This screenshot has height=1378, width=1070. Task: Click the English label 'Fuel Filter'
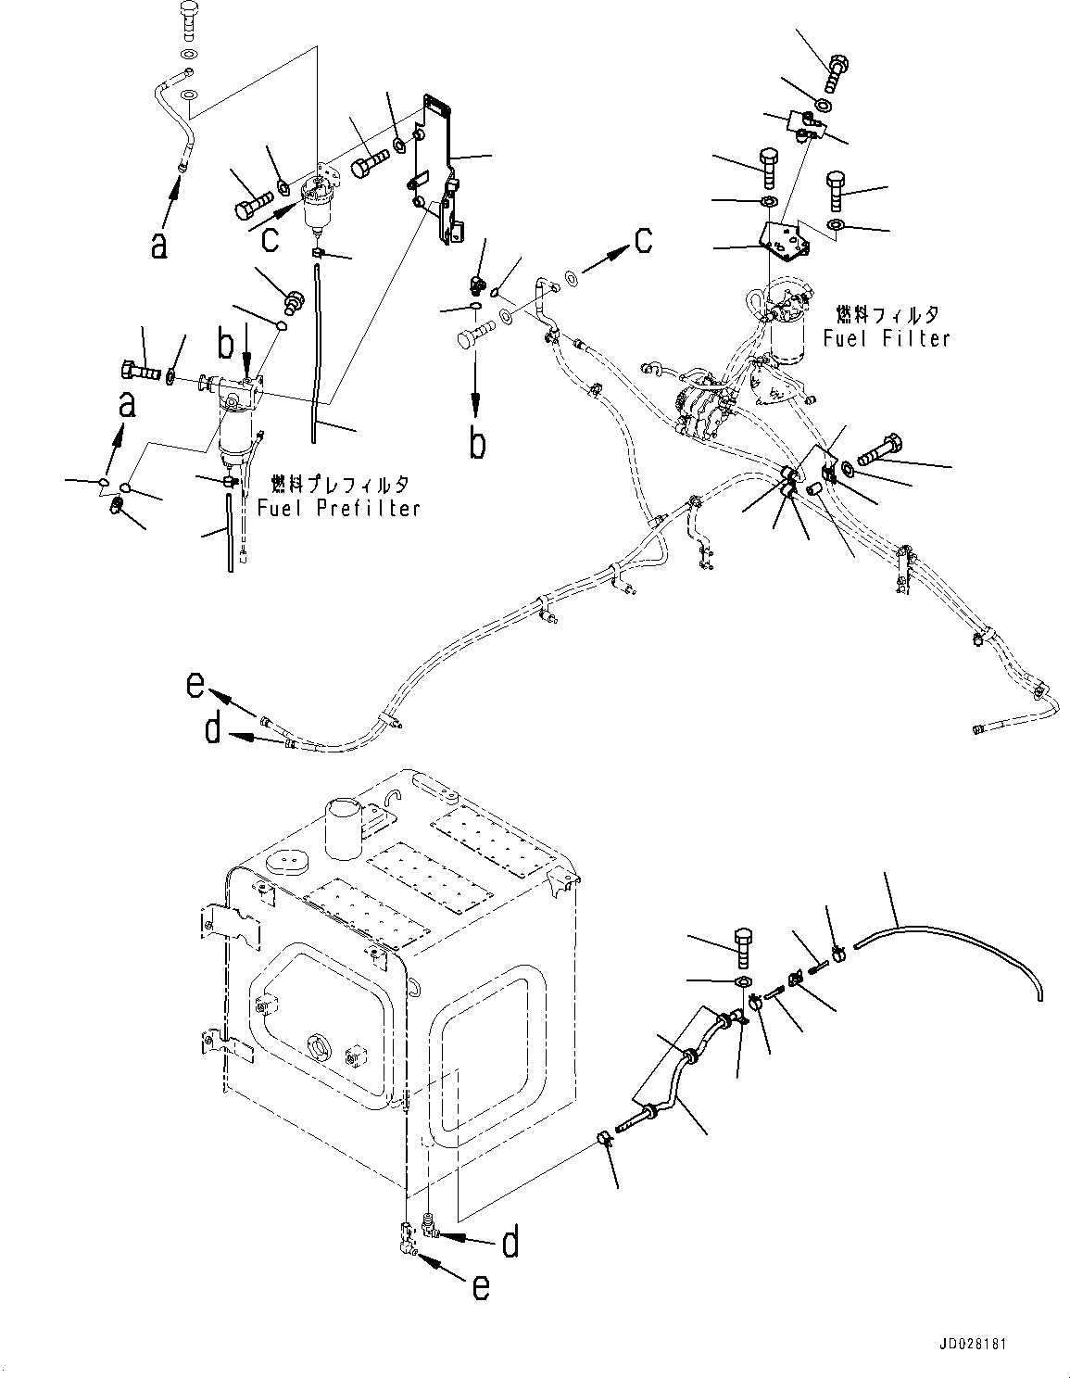point(887,338)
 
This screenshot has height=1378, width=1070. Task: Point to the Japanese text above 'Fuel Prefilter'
point(338,484)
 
